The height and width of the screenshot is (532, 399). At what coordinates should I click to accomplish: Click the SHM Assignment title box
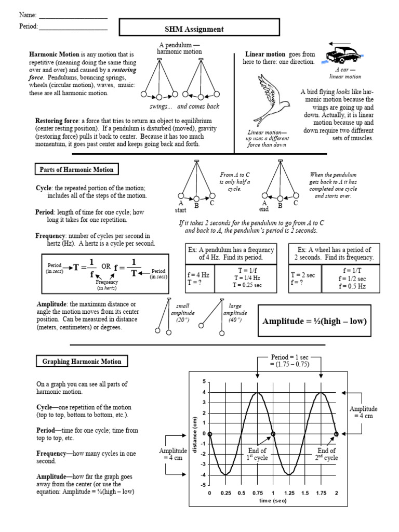tap(194, 29)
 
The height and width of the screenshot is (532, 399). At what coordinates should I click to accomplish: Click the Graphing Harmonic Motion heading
tap(82, 362)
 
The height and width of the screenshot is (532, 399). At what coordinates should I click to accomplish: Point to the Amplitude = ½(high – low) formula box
tap(314, 322)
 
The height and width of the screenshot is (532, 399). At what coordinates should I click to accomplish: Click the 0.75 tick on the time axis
tap(257, 493)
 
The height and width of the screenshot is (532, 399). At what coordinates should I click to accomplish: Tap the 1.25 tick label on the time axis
tap(289, 493)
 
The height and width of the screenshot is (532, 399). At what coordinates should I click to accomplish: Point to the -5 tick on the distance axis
tap(204, 485)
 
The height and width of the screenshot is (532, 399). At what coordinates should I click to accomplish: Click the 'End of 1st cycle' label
tap(257, 454)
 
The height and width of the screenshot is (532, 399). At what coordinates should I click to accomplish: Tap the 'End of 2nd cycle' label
tap(327, 454)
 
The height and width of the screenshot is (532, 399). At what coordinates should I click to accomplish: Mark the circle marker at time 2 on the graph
tap(336, 434)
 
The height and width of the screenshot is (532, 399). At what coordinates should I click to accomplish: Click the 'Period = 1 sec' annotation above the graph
tap(289, 361)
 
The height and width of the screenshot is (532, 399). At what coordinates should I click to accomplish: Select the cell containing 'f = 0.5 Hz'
tap(352, 286)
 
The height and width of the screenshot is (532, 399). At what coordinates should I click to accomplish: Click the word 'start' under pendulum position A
tap(180, 210)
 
